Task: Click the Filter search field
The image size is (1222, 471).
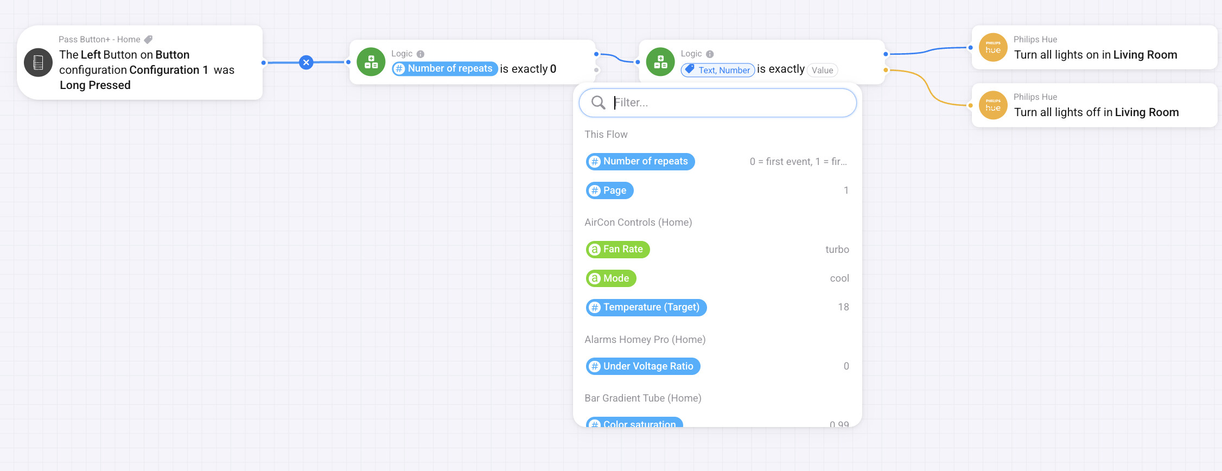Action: [717, 103]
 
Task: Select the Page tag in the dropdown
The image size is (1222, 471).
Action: [609, 190]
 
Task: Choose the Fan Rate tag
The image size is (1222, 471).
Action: [618, 249]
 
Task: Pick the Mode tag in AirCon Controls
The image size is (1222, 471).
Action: [611, 278]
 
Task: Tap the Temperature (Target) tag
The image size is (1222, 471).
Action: [646, 307]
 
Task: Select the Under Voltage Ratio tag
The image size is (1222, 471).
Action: [643, 366]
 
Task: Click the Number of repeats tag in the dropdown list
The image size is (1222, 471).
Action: [640, 161]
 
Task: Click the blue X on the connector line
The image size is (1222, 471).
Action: [307, 62]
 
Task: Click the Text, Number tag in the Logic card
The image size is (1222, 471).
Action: [717, 70]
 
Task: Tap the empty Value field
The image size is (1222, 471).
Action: [822, 70]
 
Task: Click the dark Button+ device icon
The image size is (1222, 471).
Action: [39, 62]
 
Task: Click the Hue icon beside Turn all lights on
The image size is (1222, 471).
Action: [993, 48]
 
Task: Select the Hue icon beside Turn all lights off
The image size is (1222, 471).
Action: [993, 105]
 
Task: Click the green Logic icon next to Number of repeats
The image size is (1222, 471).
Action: [371, 62]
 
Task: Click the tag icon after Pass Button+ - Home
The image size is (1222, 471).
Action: [148, 40]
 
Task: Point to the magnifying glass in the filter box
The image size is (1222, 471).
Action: [598, 103]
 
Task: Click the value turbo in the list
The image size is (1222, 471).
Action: [837, 250]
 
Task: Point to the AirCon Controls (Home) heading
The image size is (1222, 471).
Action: [638, 222]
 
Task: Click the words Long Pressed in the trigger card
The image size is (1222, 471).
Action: [95, 85]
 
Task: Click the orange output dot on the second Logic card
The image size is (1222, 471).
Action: [886, 70]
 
